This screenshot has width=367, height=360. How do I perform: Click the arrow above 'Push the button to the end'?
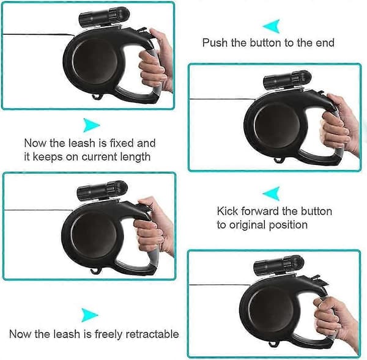(x=273, y=26)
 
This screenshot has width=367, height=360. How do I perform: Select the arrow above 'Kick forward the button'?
(x=273, y=193)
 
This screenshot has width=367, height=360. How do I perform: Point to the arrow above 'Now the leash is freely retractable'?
(x=89, y=315)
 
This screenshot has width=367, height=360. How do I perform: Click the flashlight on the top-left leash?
(x=102, y=15)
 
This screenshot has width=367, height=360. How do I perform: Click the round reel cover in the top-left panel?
(x=95, y=61)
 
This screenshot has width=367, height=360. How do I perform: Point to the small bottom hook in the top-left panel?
(x=96, y=97)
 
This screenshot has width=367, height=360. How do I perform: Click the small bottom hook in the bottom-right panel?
(x=272, y=344)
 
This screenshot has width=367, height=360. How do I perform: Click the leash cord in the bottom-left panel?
(x=39, y=210)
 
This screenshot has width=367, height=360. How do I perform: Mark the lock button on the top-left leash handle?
(x=142, y=31)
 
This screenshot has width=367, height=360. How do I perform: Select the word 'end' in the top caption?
(x=325, y=43)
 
